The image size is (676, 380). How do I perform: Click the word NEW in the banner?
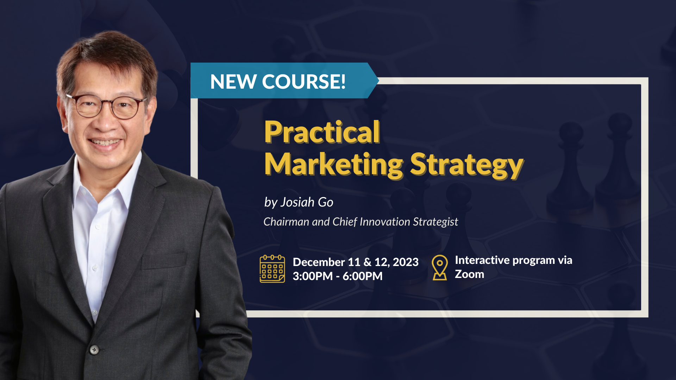[233, 82]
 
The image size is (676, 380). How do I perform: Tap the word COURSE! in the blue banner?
[303, 82]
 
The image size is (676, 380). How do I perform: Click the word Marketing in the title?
[333, 164]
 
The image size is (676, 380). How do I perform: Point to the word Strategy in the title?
[467, 164]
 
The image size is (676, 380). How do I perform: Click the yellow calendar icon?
[272, 269]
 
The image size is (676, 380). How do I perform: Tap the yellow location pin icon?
[440, 267]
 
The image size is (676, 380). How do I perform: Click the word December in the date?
[319, 262]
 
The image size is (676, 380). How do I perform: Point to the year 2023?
[406, 262]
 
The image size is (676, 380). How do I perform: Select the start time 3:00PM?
[313, 276]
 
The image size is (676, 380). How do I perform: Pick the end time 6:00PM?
[363, 276]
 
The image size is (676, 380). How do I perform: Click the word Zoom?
[469, 274]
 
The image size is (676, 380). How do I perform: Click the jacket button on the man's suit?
[94, 350]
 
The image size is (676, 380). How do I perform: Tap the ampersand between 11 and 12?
[367, 262]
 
